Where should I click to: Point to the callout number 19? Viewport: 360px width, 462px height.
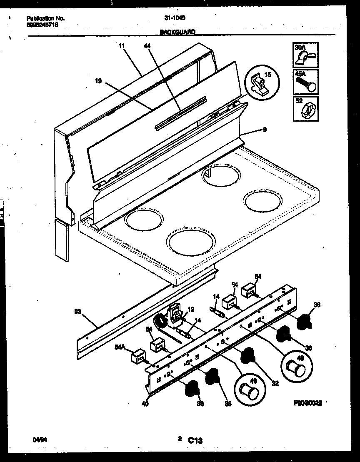coord(98,82)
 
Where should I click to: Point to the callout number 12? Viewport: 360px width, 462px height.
coord(191,310)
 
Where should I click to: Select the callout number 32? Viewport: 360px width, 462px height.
coord(275,383)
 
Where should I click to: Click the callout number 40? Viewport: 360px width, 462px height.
coord(144,403)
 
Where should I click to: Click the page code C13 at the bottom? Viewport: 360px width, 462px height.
coord(195,440)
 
